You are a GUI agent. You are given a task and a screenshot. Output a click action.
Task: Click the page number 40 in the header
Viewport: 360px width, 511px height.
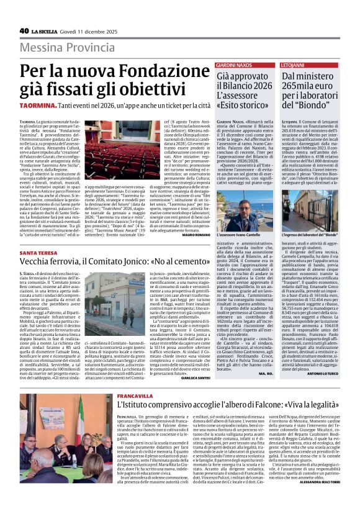point(24,30)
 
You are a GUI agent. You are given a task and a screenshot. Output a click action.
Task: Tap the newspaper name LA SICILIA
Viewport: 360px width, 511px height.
point(46,31)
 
